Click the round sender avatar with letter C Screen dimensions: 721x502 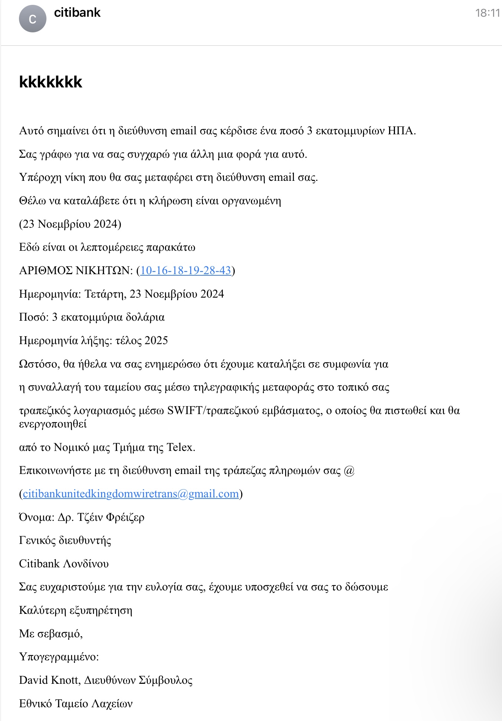point(33,19)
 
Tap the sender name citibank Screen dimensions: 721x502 point(77,13)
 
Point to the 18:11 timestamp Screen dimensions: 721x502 point(488,13)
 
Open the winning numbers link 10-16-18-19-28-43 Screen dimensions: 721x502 point(186,270)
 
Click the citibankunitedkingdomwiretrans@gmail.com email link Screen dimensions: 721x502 point(131,494)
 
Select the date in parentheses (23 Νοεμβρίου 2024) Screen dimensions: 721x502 point(70,224)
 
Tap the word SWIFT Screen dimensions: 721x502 point(185,410)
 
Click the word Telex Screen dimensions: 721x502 point(181,447)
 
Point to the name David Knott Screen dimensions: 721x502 point(49,680)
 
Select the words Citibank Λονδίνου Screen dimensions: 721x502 point(64,564)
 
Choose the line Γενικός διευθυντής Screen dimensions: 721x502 point(65,540)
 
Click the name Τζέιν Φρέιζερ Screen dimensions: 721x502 point(111,517)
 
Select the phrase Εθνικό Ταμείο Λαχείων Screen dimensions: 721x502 point(76,704)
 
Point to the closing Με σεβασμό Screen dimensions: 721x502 point(51,634)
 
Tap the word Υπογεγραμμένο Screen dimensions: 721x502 point(58,657)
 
